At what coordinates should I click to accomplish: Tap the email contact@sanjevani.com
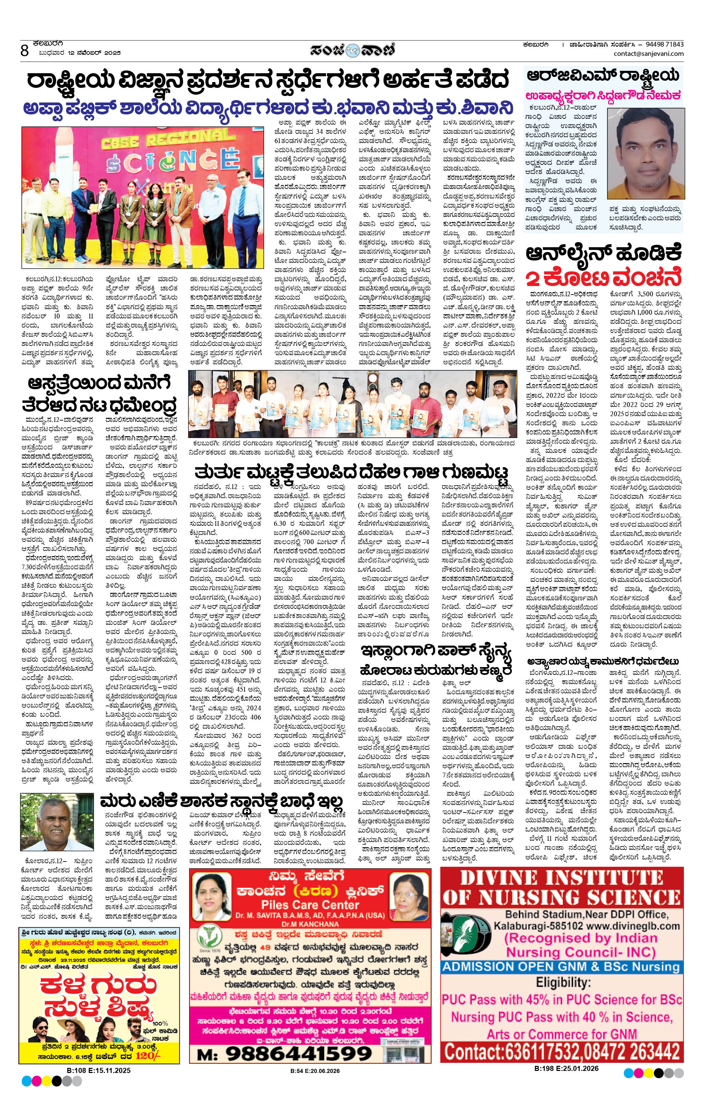[648, 54]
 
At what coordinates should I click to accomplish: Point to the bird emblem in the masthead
[352, 49]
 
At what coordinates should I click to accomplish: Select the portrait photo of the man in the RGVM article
[645, 154]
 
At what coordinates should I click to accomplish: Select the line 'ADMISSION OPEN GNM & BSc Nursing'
[561, 966]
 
